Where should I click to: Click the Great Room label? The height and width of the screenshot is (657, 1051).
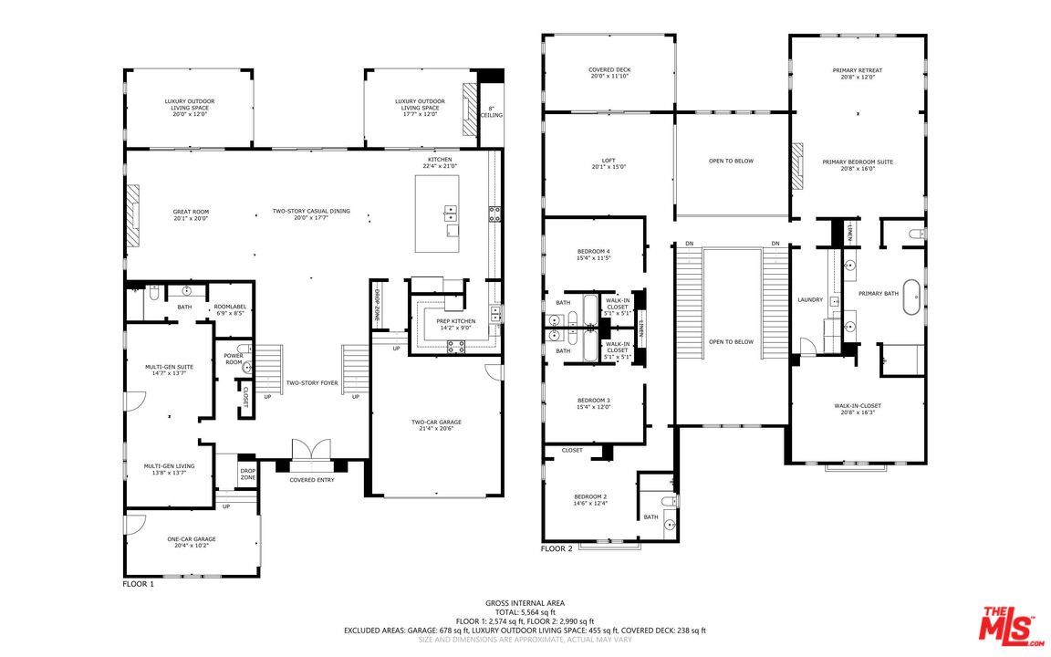click(x=191, y=214)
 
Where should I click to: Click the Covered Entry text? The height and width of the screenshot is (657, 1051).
click(x=312, y=480)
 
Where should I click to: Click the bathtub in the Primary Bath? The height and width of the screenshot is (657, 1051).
click(x=911, y=301)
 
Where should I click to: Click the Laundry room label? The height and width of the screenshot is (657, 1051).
click(x=809, y=299)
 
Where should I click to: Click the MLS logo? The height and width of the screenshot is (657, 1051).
click(x=1009, y=626)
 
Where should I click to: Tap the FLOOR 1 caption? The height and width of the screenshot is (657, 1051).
click(x=138, y=583)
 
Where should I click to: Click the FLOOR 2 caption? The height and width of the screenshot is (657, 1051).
click(x=557, y=548)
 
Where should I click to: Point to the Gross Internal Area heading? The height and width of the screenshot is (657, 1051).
click(x=525, y=603)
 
